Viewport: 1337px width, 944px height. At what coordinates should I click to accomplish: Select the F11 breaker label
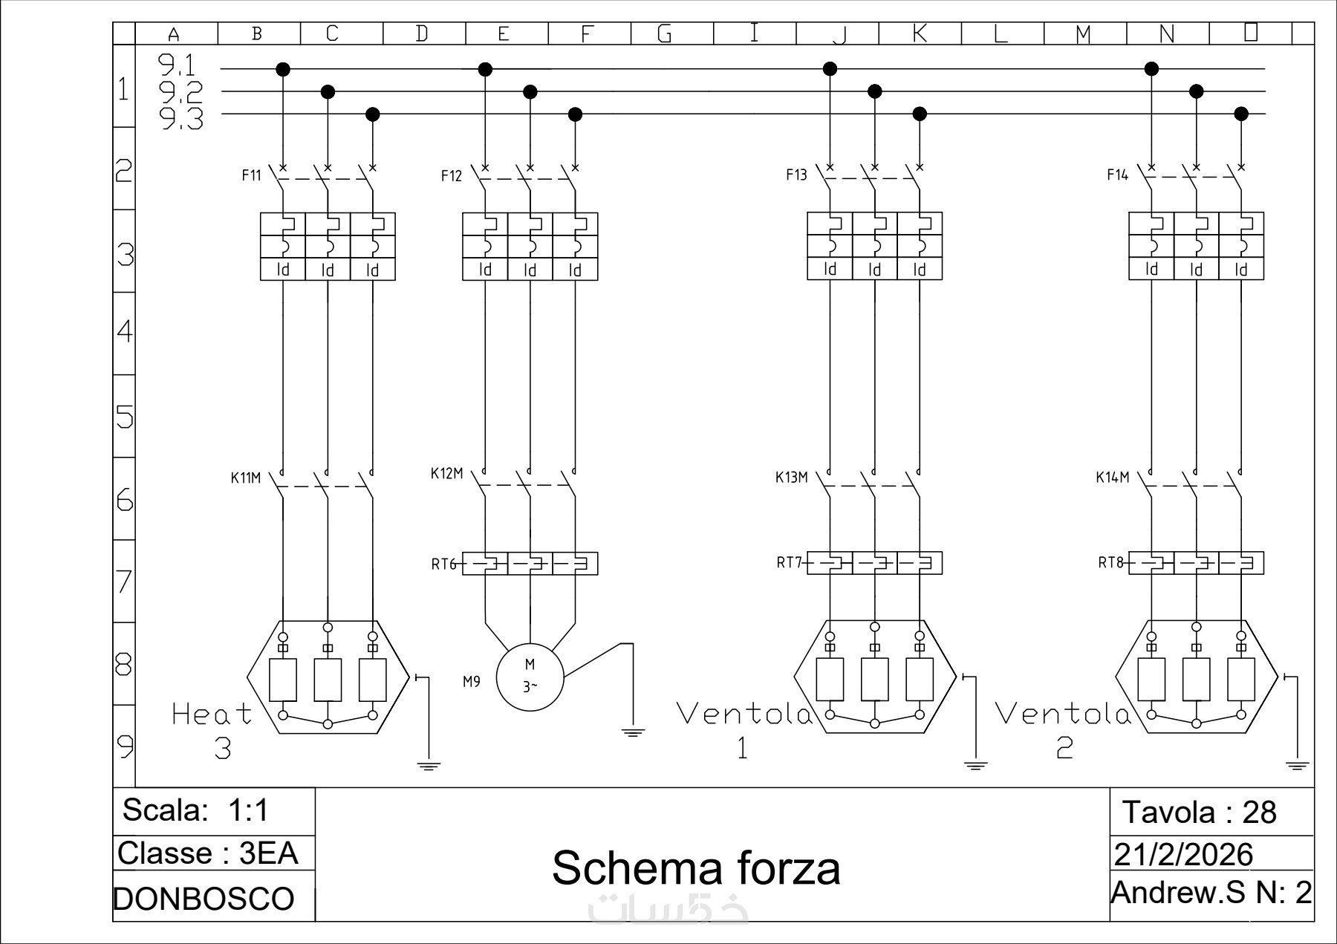click(252, 175)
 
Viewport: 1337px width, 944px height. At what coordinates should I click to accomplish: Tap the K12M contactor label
click(446, 473)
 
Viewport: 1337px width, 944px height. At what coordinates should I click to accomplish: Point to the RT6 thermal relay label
click(443, 564)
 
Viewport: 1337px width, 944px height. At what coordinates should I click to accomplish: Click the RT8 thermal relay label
click(1110, 562)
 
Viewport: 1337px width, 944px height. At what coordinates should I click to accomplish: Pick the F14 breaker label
click(1117, 175)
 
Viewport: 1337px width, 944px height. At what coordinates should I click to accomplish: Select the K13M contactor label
click(791, 477)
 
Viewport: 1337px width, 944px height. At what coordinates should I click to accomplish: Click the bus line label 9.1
click(178, 66)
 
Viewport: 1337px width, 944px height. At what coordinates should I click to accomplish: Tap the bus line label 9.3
click(181, 119)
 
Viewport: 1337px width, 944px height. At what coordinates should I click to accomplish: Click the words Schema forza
click(696, 867)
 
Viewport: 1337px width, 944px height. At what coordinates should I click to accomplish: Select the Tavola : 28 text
click(1199, 812)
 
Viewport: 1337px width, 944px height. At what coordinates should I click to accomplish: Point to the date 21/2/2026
click(1183, 855)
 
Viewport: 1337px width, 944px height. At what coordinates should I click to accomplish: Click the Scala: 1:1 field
click(195, 810)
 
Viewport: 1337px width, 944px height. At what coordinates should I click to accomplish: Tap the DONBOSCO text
click(204, 899)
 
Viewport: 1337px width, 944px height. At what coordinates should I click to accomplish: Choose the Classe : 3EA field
click(208, 853)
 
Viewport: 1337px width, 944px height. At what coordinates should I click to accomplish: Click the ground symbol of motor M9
click(633, 732)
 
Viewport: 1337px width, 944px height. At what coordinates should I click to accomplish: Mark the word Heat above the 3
click(212, 714)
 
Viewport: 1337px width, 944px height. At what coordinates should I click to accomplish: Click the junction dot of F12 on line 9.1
click(485, 69)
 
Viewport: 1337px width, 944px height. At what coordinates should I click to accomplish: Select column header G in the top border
click(665, 34)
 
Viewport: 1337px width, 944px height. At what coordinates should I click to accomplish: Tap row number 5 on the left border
click(125, 417)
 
